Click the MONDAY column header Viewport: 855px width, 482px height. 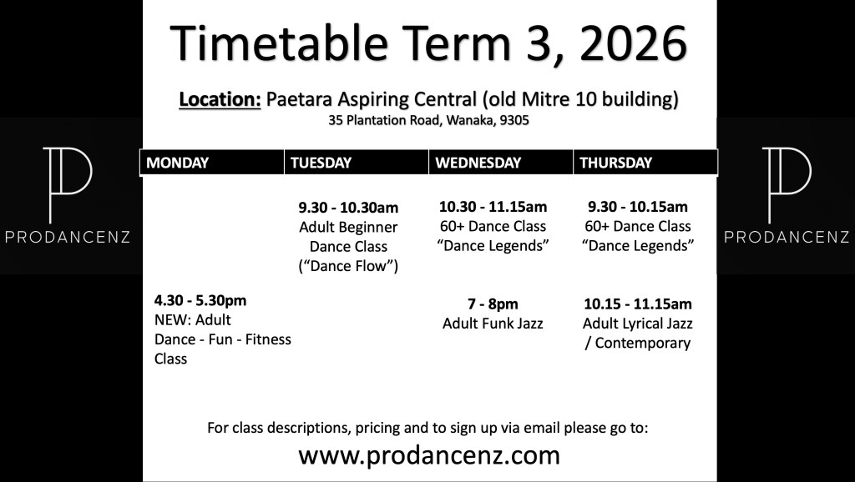pyautogui.click(x=177, y=163)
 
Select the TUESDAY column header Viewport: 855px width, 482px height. pyautogui.click(x=321, y=163)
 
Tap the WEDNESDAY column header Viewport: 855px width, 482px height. pyautogui.click(x=478, y=163)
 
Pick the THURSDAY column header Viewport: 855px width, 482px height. pyautogui.click(x=615, y=163)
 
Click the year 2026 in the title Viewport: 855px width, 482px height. pyautogui.click(x=633, y=43)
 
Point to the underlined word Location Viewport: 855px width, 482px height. pyautogui.click(x=220, y=100)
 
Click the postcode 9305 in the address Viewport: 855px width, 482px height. pyautogui.click(x=514, y=120)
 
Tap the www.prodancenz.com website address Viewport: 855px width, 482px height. pyautogui.click(x=429, y=455)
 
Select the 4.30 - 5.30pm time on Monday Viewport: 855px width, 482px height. pyautogui.click(x=200, y=301)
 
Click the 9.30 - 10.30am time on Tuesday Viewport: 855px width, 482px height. pyautogui.click(x=348, y=208)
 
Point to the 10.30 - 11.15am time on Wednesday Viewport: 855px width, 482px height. pyautogui.click(x=493, y=207)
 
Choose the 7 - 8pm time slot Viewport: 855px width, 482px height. pyautogui.click(x=493, y=304)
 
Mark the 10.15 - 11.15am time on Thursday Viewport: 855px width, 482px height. pyautogui.click(x=637, y=304)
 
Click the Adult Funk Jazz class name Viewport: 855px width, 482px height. pyautogui.click(x=493, y=324)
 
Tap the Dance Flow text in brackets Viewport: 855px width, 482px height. pyautogui.click(x=348, y=266)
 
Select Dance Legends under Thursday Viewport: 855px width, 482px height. pyautogui.click(x=638, y=246)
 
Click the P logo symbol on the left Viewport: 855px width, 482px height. pyautogui.click(x=68, y=184)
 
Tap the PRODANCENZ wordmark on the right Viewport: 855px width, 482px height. pyautogui.click(x=787, y=237)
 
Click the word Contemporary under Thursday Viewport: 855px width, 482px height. pyautogui.click(x=643, y=343)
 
